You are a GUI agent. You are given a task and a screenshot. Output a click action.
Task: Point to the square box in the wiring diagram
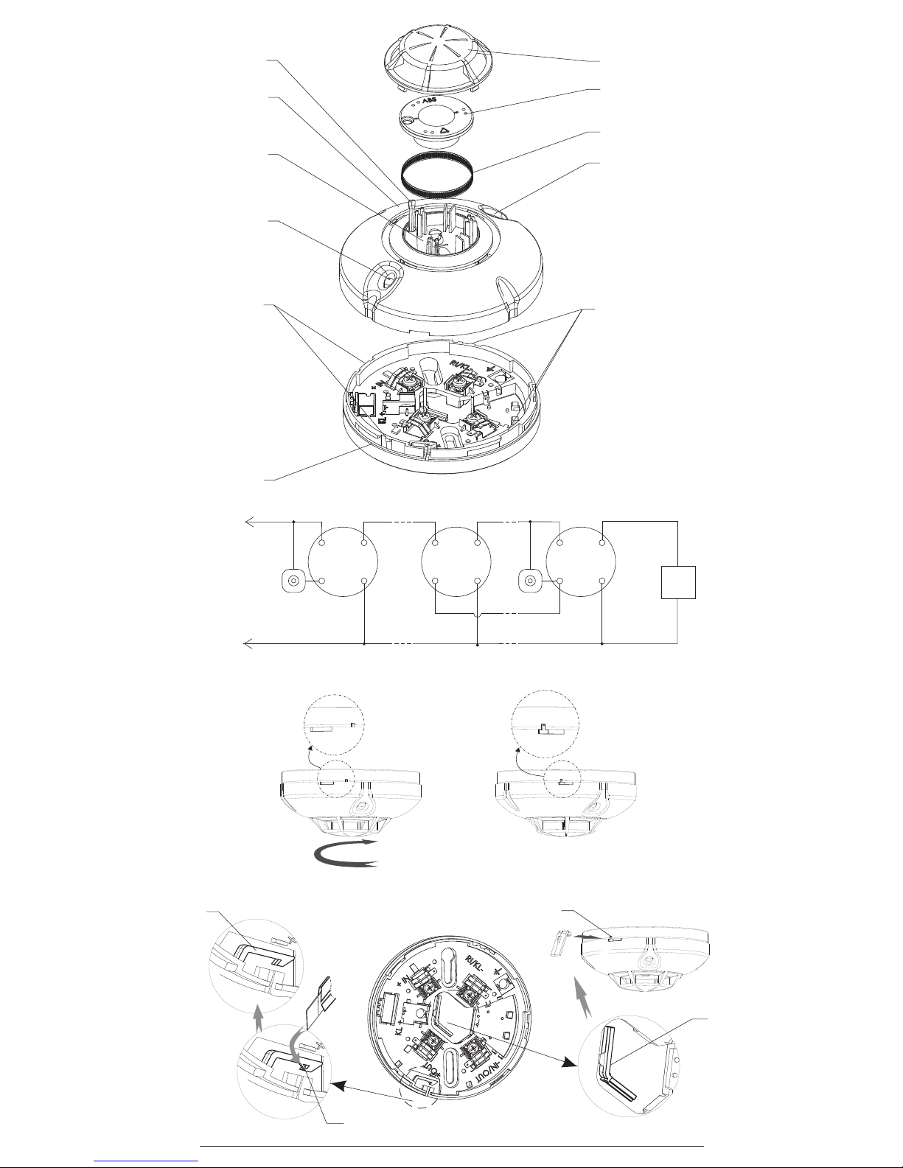678,581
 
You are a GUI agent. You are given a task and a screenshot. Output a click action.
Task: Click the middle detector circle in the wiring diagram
457,562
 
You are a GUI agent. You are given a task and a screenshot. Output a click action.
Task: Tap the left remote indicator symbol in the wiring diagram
293,581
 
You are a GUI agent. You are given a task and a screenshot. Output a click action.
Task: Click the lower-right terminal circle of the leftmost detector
365,581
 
